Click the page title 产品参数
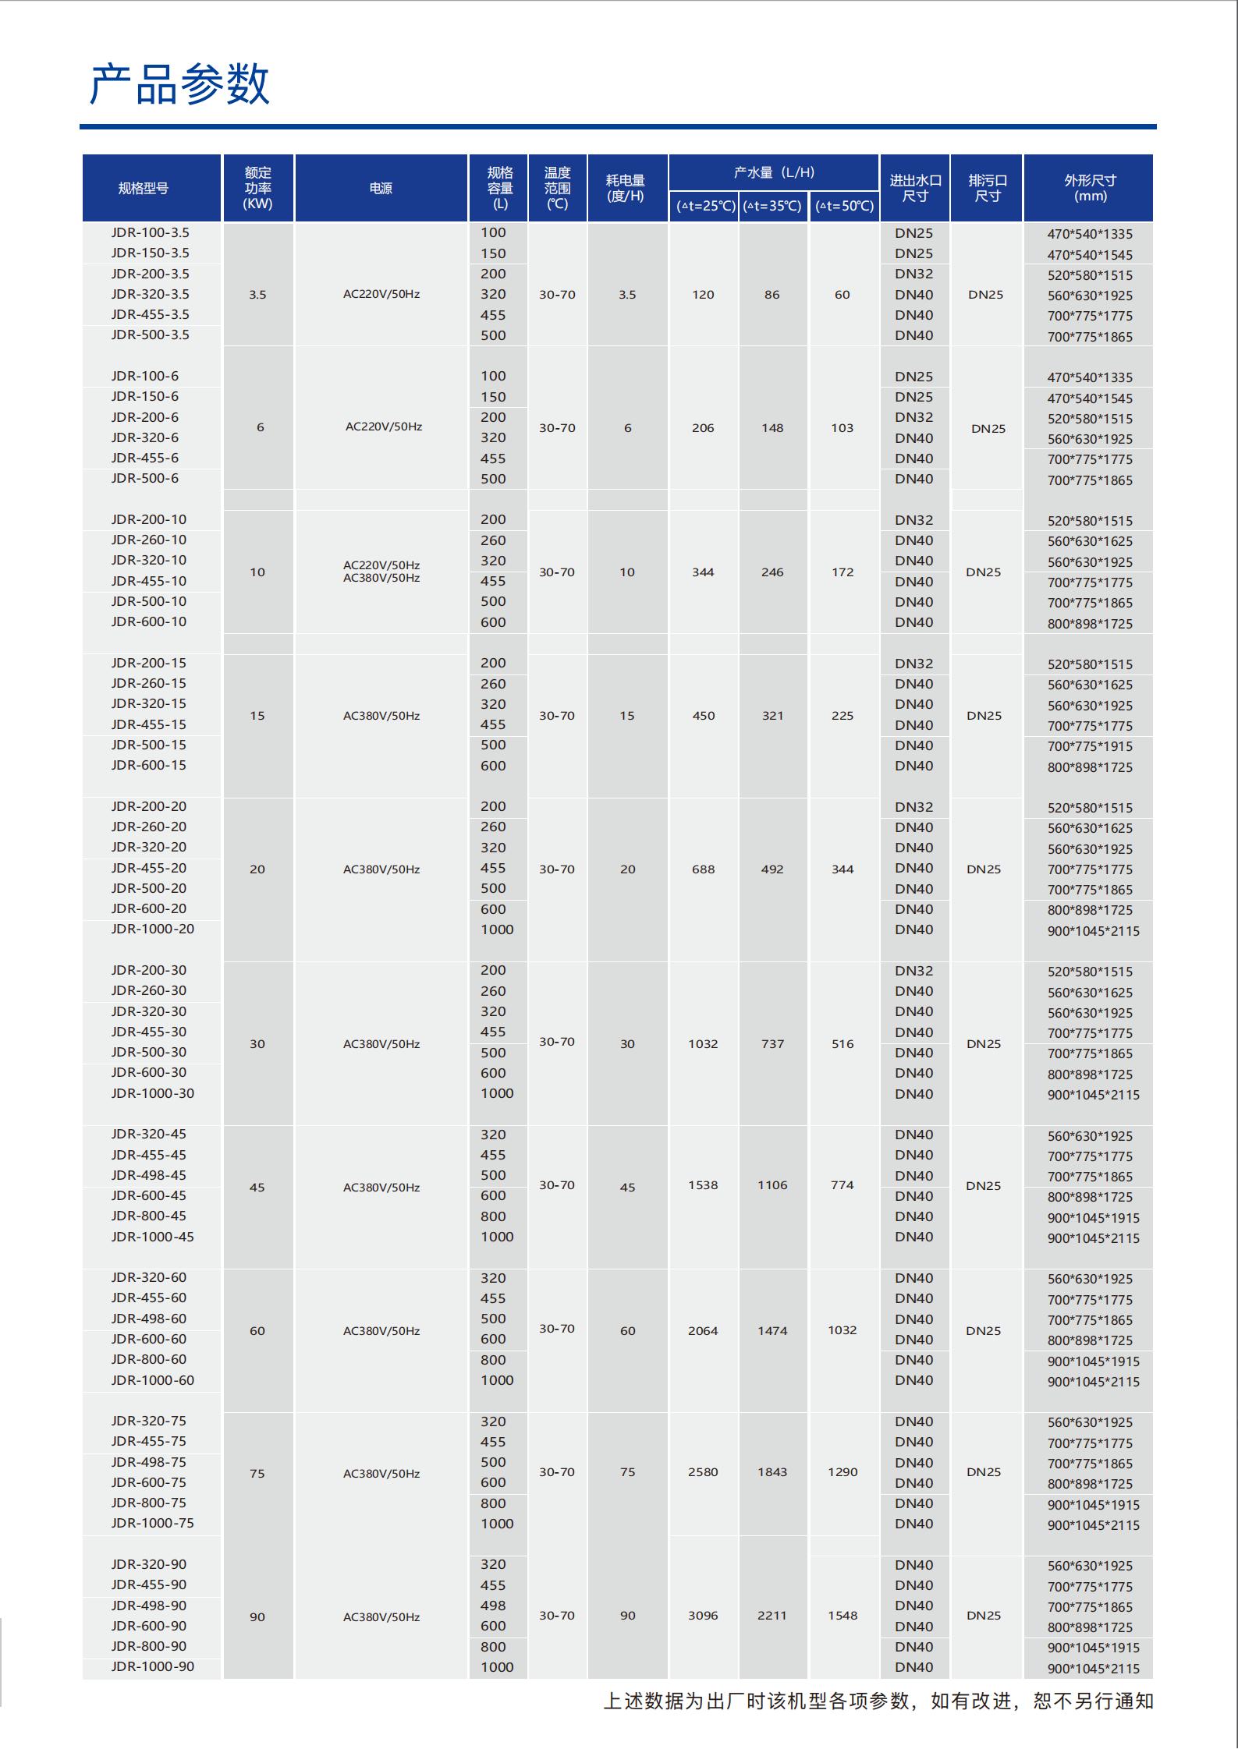[179, 84]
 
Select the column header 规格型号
[143, 188]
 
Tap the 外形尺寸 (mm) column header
[1090, 188]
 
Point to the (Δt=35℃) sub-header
[772, 206]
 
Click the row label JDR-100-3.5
[150, 232]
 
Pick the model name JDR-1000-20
[152, 929]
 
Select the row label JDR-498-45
[148, 1175]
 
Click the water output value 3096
[703, 1616]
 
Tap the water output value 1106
[772, 1185]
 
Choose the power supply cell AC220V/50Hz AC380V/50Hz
[381, 572]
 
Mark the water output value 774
[842, 1185]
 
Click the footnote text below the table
[878, 1701]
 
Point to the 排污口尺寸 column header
[988, 188]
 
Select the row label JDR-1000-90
[152, 1666]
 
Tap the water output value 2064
[703, 1330]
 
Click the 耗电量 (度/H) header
[626, 188]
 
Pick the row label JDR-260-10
[148, 540]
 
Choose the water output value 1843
[772, 1472]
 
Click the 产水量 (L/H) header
[774, 172]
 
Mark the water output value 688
[703, 869]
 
